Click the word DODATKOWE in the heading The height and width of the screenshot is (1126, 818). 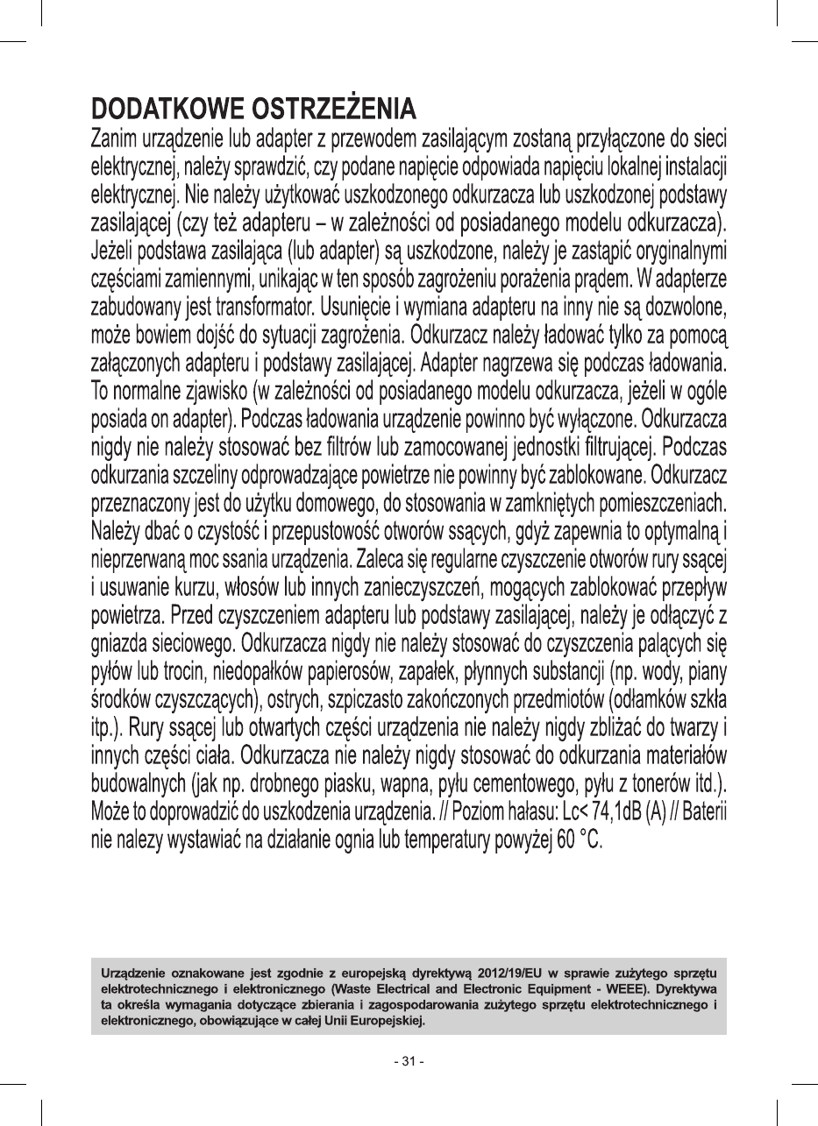(167, 111)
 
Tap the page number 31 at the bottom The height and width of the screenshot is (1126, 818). (409, 1062)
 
